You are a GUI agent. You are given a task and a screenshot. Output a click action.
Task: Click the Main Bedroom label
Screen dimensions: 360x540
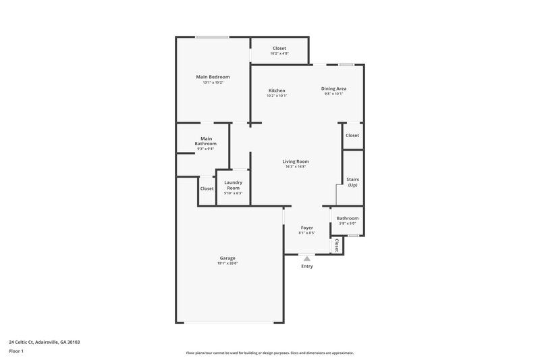(213, 77)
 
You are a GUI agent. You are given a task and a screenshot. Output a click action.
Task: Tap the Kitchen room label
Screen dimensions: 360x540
(277, 91)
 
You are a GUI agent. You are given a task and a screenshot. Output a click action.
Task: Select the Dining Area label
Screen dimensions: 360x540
(333, 88)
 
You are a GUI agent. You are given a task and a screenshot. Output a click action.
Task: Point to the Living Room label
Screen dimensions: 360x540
(296, 161)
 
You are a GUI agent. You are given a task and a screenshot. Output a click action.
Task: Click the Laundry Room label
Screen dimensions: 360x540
(233, 185)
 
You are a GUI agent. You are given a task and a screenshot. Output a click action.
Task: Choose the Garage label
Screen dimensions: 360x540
(227, 258)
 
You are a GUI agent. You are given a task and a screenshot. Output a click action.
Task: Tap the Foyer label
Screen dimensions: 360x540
(307, 228)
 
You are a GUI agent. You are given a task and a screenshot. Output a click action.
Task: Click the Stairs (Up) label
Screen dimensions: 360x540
(352, 182)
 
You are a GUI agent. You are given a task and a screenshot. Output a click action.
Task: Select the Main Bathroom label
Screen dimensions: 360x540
(206, 141)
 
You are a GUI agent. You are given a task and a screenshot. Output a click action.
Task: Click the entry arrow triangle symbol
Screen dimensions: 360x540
(307, 258)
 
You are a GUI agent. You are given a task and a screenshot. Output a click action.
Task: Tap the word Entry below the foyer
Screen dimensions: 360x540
(307, 266)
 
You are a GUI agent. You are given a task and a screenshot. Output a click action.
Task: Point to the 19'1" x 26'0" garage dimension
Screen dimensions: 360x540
(227, 263)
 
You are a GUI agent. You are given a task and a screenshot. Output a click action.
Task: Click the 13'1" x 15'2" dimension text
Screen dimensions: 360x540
(213, 82)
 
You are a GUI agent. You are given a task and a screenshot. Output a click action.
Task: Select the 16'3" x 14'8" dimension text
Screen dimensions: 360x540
(296, 167)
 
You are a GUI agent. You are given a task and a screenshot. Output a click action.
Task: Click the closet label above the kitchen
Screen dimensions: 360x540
(279, 49)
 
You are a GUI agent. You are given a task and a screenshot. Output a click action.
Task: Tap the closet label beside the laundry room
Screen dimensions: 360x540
(207, 188)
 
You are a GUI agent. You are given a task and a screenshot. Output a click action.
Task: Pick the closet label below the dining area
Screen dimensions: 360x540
(352, 136)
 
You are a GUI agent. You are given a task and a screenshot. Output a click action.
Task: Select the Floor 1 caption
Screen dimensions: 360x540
(17, 352)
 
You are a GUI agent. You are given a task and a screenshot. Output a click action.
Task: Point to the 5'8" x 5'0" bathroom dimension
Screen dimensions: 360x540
(348, 224)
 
